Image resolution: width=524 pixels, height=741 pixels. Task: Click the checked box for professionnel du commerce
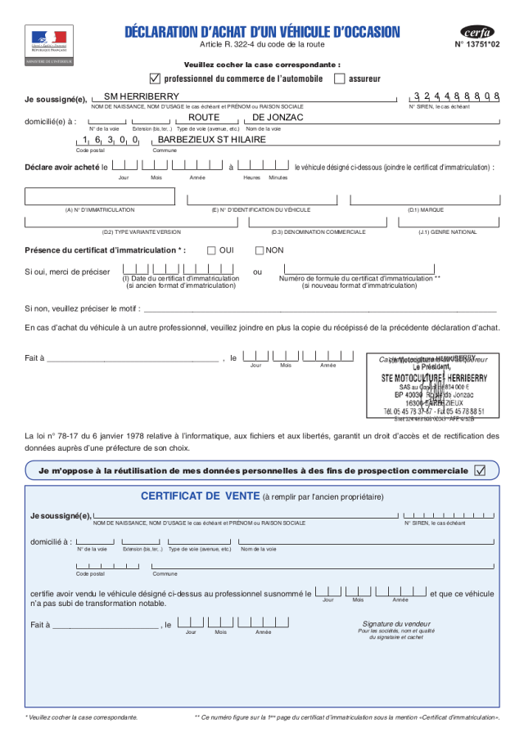(155, 79)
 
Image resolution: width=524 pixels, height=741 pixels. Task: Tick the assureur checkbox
(340, 79)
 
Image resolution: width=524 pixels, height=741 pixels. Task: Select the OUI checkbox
(211, 250)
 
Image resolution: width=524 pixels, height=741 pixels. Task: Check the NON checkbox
(260, 250)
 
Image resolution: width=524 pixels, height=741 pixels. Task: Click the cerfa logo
(477, 32)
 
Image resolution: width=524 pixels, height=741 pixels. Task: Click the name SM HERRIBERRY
(136, 97)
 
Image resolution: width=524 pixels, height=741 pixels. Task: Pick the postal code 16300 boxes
(110, 141)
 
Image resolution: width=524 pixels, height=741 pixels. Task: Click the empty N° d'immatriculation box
(100, 196)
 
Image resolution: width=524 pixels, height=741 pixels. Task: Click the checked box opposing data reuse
(480, 470)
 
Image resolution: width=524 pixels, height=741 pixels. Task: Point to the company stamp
(433, 388)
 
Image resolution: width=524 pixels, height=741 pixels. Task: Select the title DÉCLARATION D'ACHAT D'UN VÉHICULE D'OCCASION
(262, 32)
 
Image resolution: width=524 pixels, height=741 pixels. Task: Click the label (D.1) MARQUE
(425, 210)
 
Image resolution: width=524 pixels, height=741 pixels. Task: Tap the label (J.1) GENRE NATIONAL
(447, 232)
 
